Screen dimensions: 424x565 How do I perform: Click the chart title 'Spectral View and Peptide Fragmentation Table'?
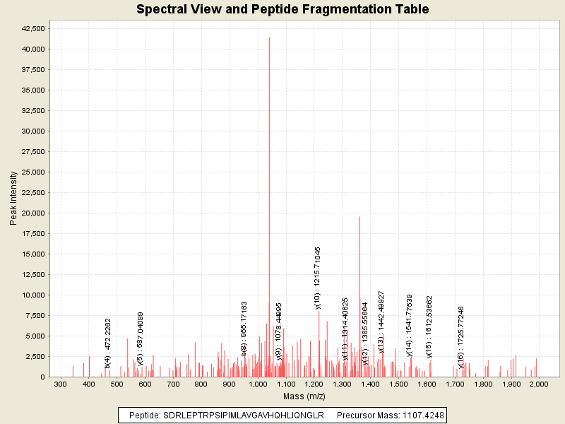(x=282, y=9)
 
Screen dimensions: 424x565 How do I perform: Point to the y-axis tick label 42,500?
(x=34, y=28)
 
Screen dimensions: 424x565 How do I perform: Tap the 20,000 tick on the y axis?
(x=34, y=213)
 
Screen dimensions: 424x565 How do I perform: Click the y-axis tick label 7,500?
(x=36, y=316)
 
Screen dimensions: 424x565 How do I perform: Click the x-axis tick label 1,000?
(x=258, y=384)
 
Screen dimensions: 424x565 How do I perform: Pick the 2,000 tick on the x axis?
(x=539, y=384)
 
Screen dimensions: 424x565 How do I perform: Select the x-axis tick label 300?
(x=61, y=384)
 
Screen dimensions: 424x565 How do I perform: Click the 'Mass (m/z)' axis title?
(x=303, y=396)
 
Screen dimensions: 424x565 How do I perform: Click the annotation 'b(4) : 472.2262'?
(x=108, y=343)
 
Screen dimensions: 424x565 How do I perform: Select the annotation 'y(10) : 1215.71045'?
(x=318, y=278)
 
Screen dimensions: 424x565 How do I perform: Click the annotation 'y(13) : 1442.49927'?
(x=381, y=322)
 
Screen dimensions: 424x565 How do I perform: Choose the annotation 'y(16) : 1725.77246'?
(x=461, y=337)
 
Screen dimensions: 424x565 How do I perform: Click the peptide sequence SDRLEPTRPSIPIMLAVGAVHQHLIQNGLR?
(x=243, y=415)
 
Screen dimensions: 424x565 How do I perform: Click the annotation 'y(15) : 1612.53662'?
(x=429, y=326)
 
